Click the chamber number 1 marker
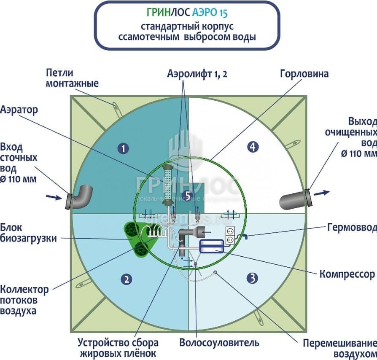click(x=123, y=148)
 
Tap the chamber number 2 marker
click(x=125, y=278)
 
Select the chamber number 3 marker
click(x=252, y=278)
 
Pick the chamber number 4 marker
click(x=252, y=147)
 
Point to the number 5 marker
click(x=188, y=195)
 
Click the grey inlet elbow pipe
click(x=82, y=196)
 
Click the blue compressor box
click(x=213, y=246)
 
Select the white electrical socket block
click(x=230, y=235)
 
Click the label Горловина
click(x=304, y=74)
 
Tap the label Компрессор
click(x=347, y=274)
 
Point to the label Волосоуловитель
click(x=219, y=342)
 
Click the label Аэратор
click(x=19, y=110)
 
